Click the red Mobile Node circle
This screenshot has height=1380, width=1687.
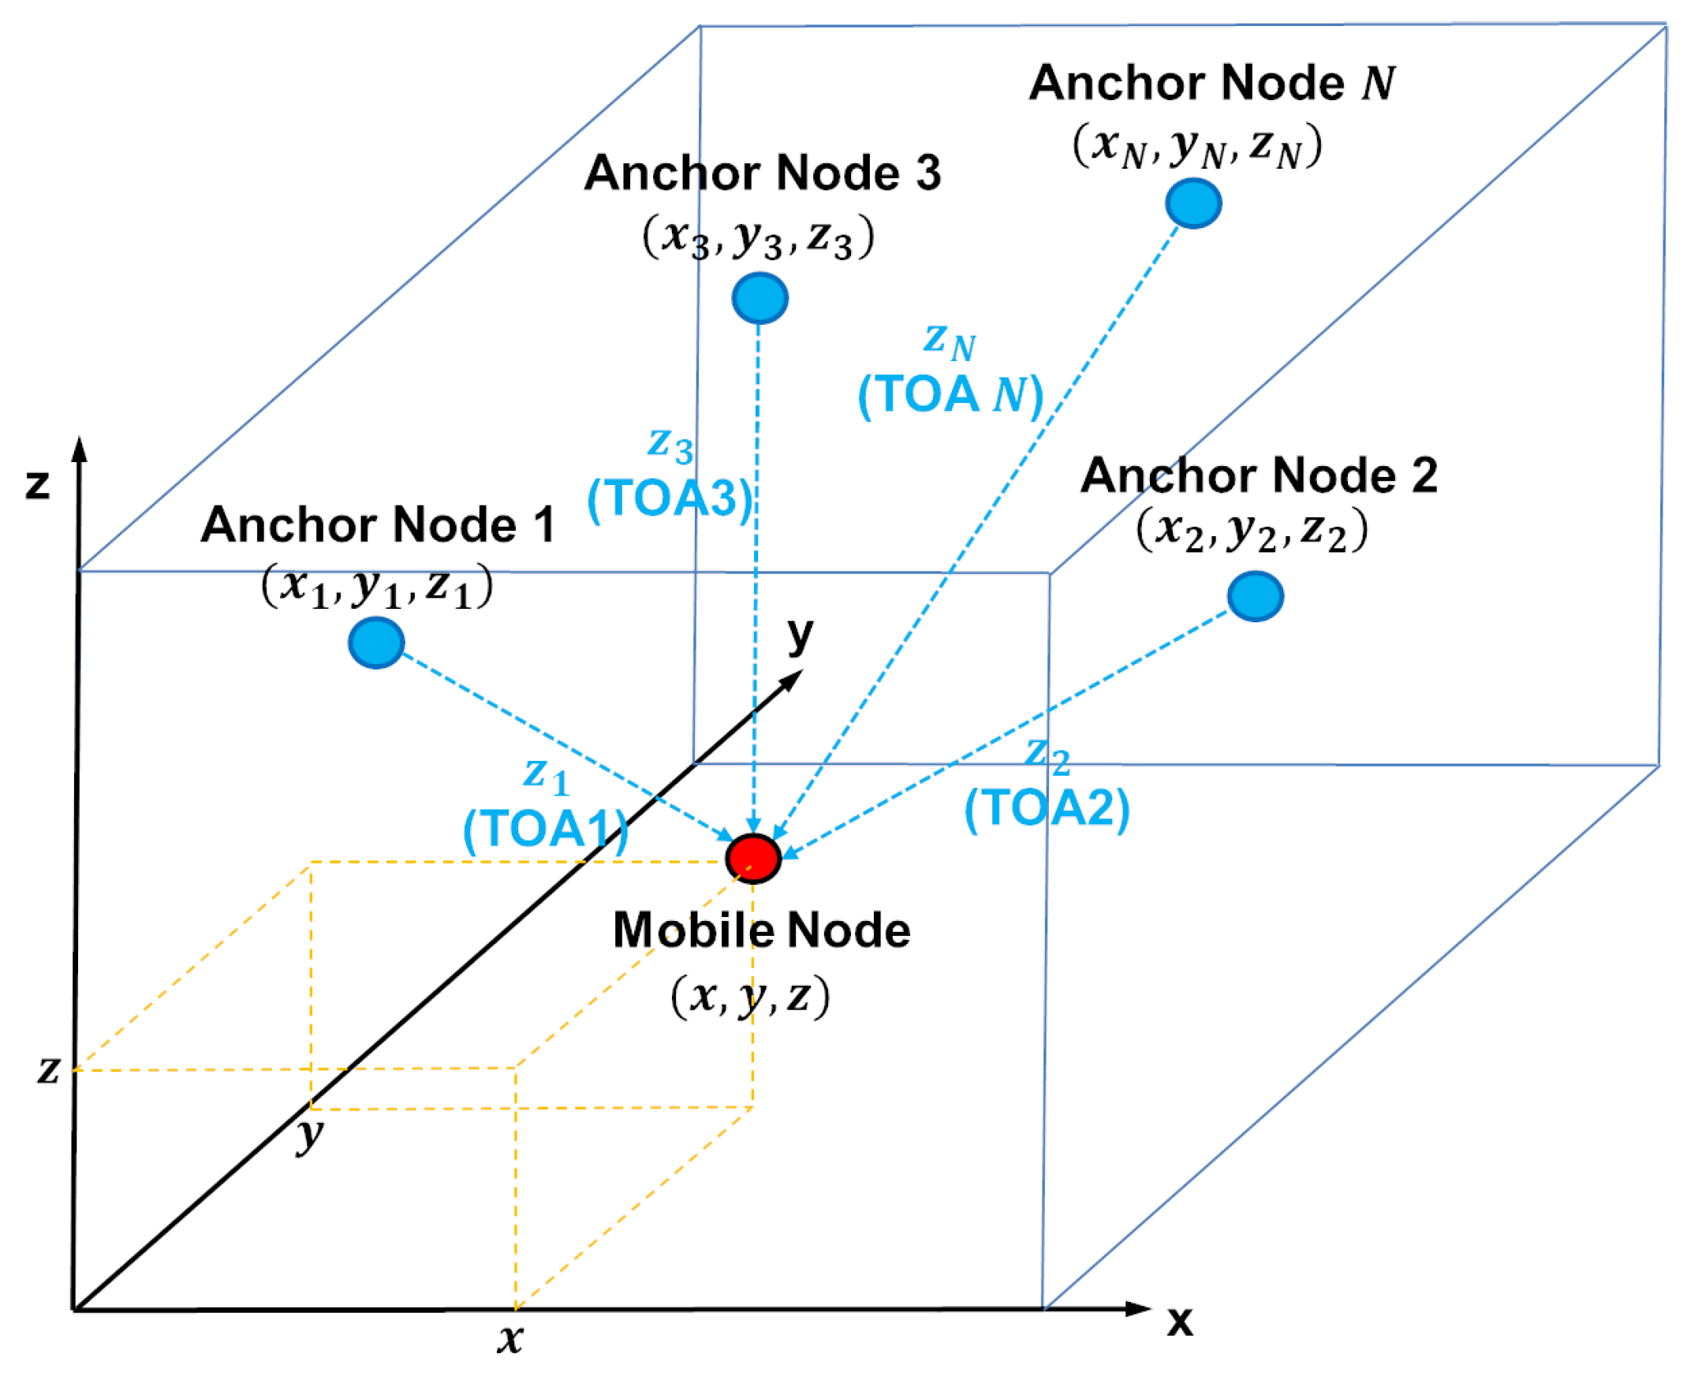click(753, 859)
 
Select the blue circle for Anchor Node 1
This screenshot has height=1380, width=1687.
click(376, 643)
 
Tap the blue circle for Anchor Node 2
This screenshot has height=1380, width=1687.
click(1256, 596)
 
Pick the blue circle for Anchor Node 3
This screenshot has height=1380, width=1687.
click(760, 298)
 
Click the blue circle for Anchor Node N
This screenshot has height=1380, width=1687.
click(1193, 203)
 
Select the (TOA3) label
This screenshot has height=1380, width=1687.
click(670, 498)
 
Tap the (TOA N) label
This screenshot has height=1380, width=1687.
click(950, 394)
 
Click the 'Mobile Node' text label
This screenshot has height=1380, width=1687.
click(762, 931)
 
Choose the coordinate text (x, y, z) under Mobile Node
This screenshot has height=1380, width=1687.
click(751, 995)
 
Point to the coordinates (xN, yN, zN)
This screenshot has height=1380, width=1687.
click(1197, 146)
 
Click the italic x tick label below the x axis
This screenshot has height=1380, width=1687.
click(509, 1339)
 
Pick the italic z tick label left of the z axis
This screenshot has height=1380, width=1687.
click(48, 1069)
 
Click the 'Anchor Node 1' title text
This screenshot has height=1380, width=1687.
click(378, 524)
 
